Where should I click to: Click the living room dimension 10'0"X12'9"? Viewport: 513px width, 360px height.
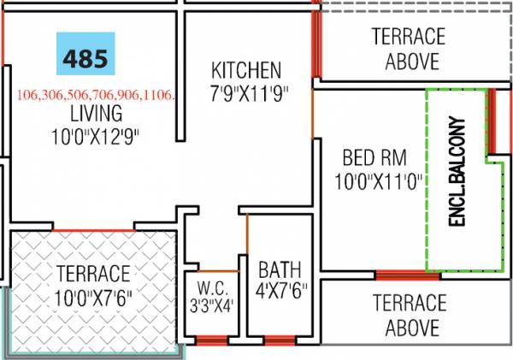tap(95, 134)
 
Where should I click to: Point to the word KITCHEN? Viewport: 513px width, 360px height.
tap(246, 69)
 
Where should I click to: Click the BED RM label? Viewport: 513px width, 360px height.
tap(374, 158)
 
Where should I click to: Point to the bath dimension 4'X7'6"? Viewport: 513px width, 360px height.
tap(279, 290)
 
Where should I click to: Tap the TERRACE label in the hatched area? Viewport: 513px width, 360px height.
tap(94, 274)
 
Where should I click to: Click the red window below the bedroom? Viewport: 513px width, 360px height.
tap(407, 275)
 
